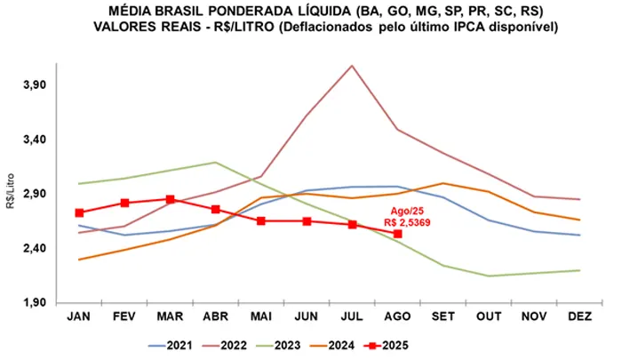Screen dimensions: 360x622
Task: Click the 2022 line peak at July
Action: click(352, 65)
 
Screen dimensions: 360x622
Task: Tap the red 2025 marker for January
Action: click(79, 212)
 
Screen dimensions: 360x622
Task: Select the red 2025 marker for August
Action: click(397, 234)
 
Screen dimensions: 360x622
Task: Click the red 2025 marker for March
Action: click(170, 200)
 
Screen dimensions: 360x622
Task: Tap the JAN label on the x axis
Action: click(79, 316)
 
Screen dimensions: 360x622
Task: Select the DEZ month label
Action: click(578, 316)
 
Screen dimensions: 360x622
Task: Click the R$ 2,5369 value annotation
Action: click(407, 222)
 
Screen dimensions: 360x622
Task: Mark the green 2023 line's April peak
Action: click(215, 162)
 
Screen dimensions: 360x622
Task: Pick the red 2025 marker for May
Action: click(261, 220)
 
